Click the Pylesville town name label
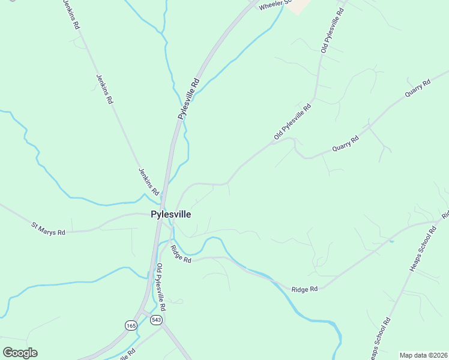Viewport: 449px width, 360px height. (171, 214)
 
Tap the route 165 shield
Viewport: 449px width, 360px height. (131, 325)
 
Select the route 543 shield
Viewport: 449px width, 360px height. (156, 320)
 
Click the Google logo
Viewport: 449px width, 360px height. (20, 353)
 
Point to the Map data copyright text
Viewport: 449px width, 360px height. (424, 355)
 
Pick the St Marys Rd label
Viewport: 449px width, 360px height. (48, 228)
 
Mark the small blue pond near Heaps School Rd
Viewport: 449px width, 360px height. (391, 241)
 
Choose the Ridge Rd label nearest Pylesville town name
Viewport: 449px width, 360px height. (180, 254)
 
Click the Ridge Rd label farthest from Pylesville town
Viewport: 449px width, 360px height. (304, 289)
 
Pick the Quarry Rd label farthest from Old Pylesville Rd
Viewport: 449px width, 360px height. (418, 89)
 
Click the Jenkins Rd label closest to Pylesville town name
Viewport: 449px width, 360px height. (148, 181)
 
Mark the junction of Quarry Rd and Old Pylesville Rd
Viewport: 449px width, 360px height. (294, 139)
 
